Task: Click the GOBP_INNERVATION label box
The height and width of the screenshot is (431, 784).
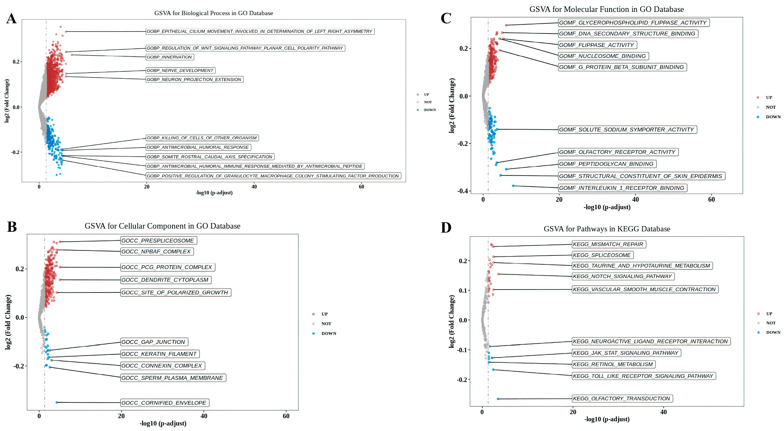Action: (169, 57)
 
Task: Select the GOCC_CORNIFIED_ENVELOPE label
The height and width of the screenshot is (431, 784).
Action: (164, 403)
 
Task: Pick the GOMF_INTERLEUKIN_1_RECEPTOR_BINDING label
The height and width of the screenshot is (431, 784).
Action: (622, 188)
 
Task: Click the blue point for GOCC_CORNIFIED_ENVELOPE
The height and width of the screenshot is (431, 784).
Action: (57, 402)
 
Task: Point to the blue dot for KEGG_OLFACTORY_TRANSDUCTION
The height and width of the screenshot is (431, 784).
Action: (498, 399)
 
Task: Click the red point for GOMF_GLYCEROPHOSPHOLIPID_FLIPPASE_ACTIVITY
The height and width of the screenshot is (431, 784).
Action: (506, 25)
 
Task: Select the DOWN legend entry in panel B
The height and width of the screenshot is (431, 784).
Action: (328, 333)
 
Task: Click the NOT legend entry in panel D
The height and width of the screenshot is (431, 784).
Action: (771, 323)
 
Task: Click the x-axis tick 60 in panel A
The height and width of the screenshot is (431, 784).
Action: (361, 187)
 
